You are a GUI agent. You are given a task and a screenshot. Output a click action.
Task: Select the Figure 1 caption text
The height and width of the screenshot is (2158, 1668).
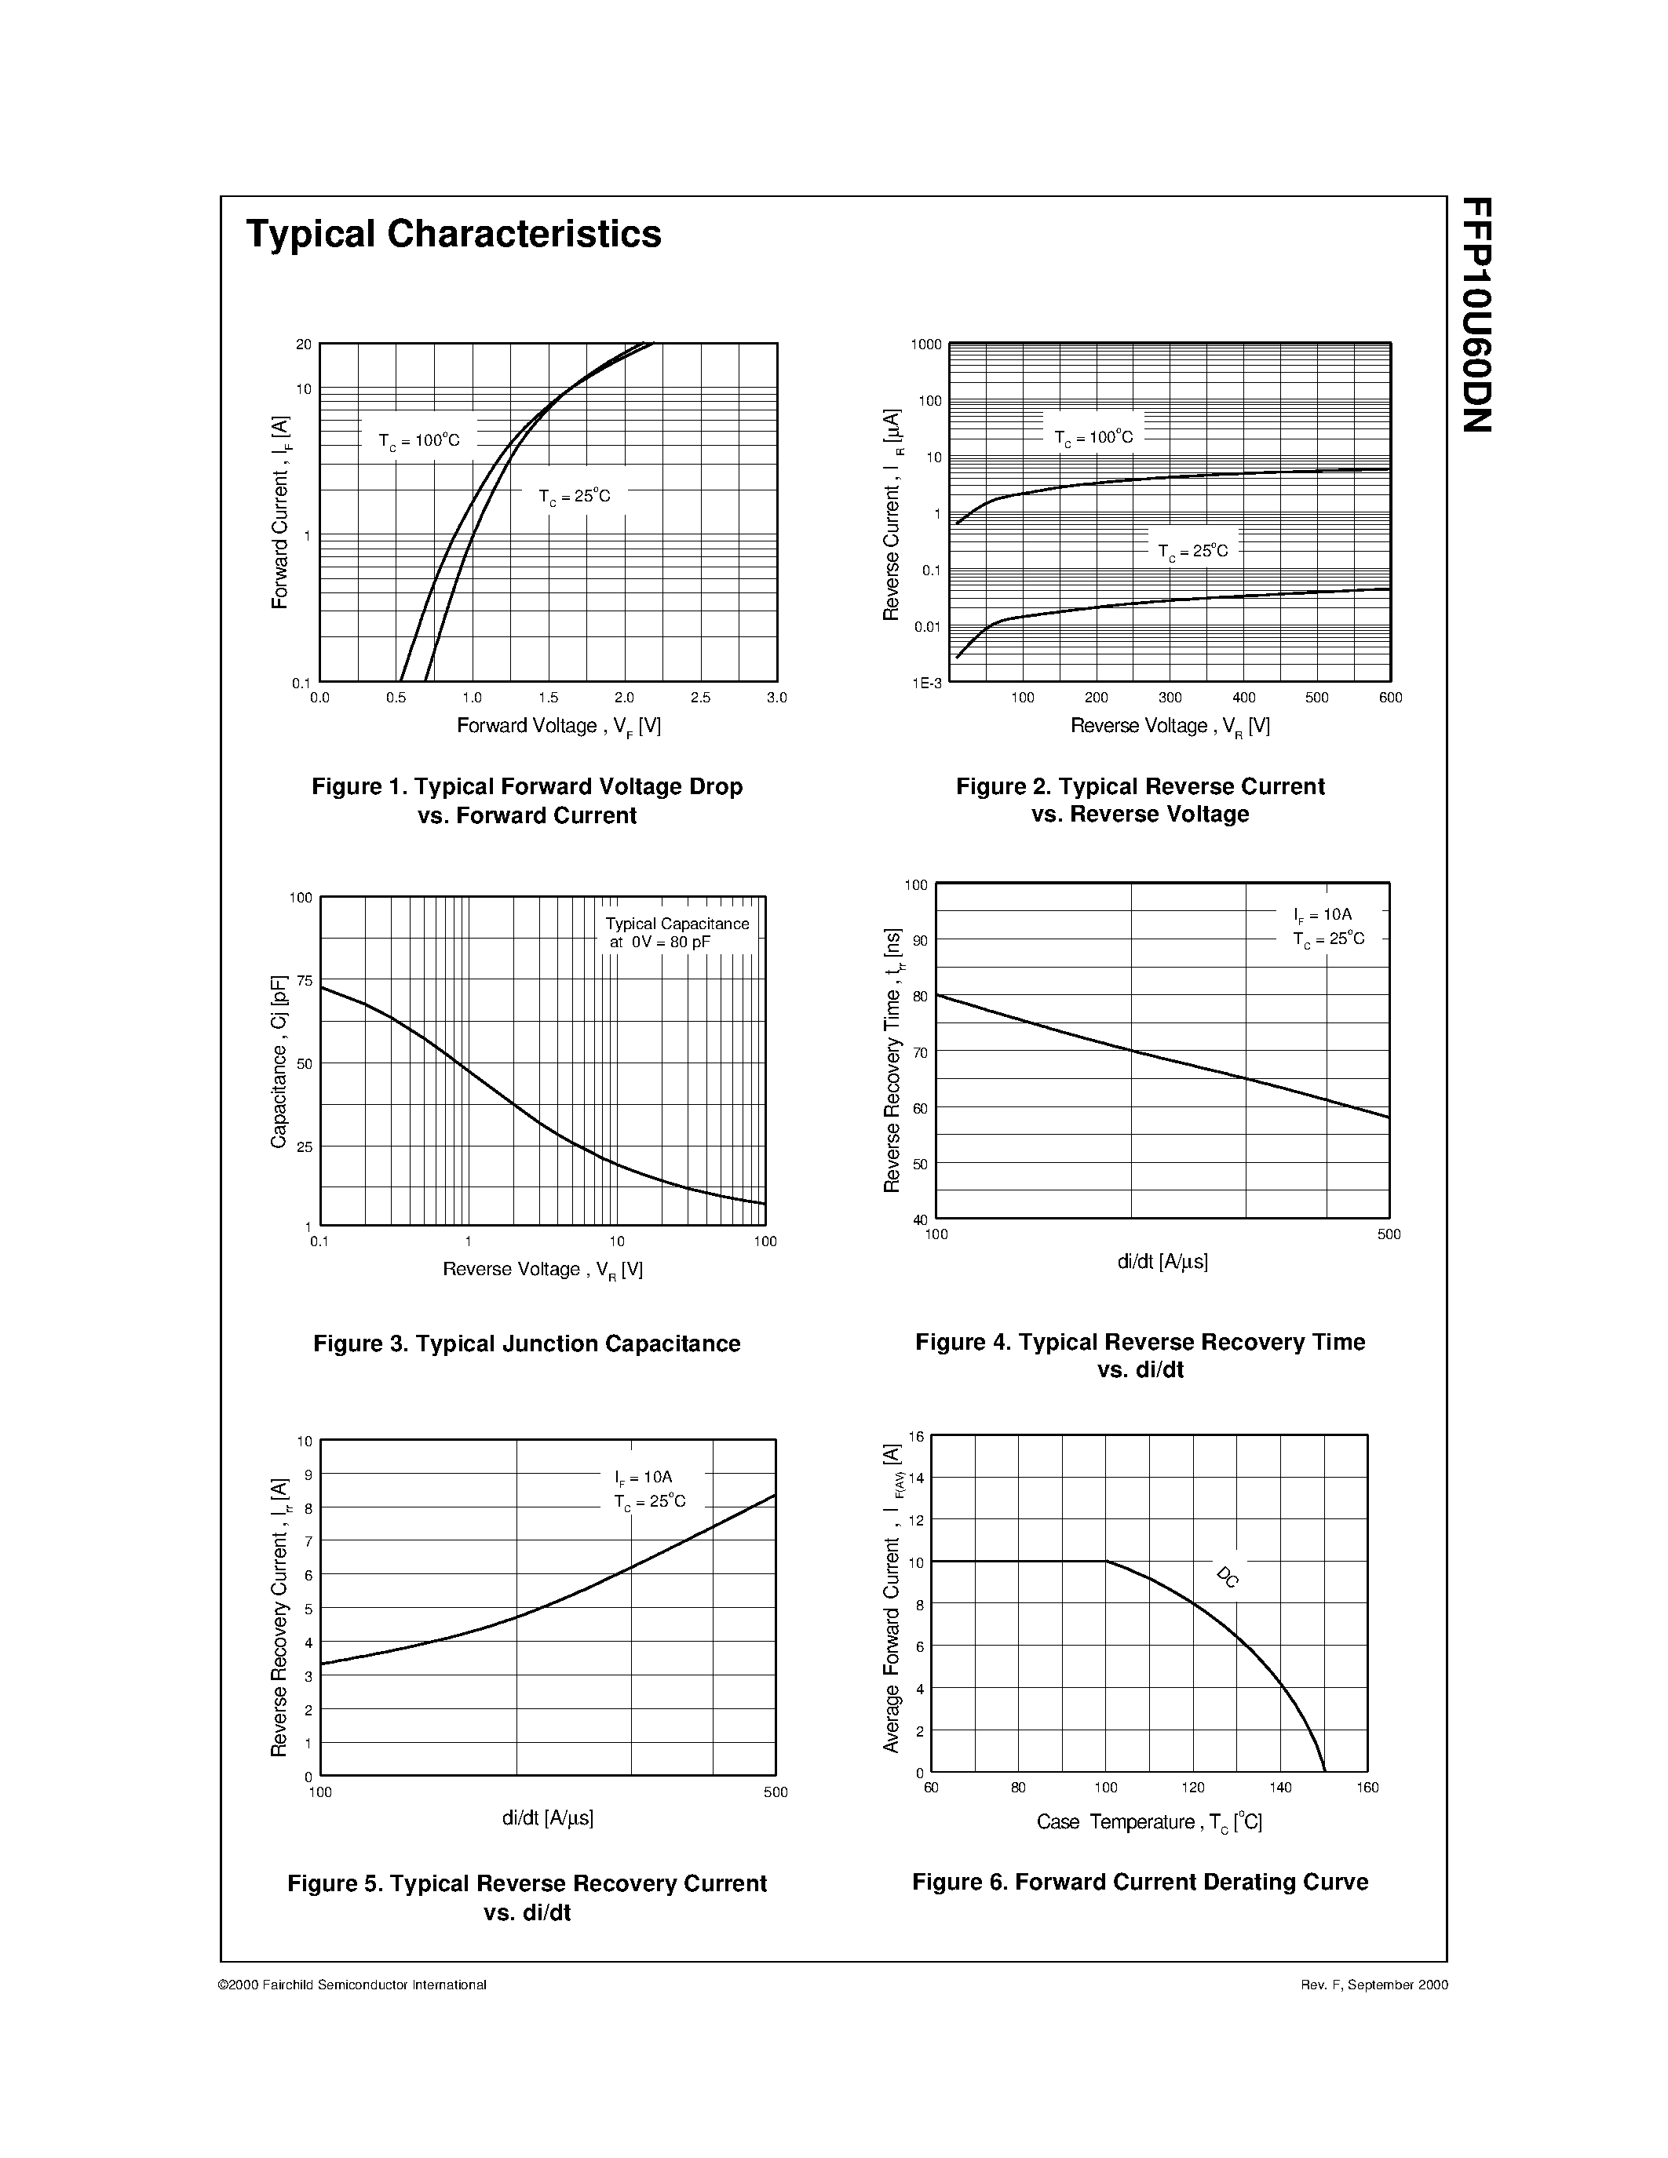tap(527, 800)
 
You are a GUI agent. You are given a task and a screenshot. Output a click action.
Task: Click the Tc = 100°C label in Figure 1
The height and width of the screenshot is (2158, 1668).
tap(419, 441)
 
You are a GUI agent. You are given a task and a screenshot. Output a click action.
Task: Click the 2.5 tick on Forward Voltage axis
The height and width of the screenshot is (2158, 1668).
tap(701, 698)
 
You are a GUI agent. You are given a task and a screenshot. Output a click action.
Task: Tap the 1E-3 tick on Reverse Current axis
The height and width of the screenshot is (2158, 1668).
tap(928, 683)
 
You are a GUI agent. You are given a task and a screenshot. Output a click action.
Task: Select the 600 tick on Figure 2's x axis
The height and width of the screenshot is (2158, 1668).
tap(1390, 698)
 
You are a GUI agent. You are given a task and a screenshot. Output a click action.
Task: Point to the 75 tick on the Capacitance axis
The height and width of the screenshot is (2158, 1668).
tap(303, 980)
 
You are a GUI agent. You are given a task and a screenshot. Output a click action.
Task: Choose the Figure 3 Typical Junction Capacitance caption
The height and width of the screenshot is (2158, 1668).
tap(527, 1343)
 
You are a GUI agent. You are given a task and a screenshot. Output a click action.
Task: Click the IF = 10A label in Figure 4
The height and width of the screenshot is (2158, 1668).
tap(1322, 915)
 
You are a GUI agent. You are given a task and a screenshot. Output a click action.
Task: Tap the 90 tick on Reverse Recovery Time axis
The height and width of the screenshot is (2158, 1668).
tap(920, 941)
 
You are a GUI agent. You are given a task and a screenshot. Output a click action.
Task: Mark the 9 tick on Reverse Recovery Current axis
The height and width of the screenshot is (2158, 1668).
tap(308, 1475)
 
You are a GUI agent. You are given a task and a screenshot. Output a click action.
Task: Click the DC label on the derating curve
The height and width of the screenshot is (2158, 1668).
tap(1228, 1577)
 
